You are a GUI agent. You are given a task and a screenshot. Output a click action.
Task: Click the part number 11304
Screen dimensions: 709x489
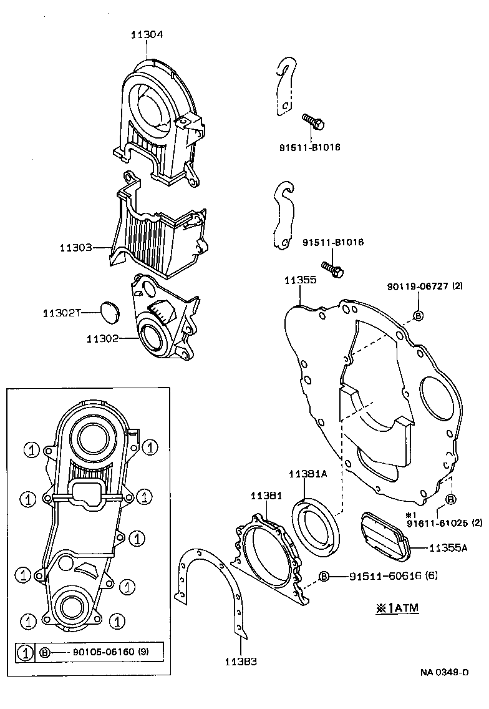(147, 36)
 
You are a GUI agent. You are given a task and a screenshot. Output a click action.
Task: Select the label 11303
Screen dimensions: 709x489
(76, 248)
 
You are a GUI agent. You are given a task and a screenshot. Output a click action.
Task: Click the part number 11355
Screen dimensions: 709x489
(301, 280)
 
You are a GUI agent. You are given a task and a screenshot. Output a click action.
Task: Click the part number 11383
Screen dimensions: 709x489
(241, 661)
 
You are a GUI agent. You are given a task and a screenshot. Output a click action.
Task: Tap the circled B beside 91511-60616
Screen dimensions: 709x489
(324, 576)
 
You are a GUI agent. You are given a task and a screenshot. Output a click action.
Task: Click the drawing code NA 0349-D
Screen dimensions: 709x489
(443, 672)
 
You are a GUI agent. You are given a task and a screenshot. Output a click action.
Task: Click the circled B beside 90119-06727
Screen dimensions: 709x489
(419, 315)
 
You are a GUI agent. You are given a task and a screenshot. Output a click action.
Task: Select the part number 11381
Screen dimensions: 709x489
(267, 496)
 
